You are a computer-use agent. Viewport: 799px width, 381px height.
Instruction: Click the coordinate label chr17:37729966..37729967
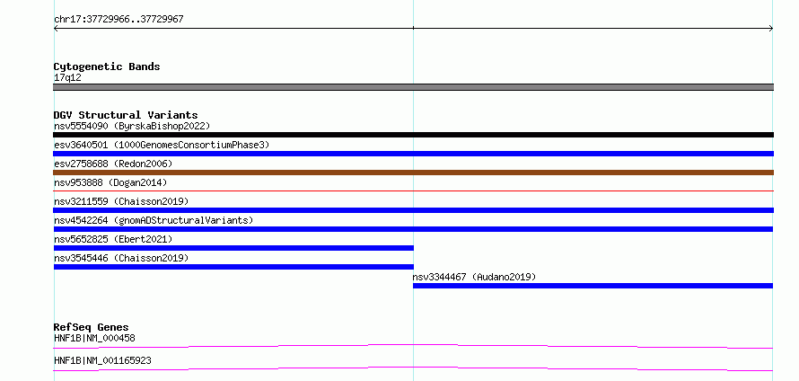click(x=119, y=20)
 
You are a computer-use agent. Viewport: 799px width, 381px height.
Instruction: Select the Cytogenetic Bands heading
click(x=107, y=66)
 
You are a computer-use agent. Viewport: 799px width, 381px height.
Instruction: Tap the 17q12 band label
click(x=67, y=78)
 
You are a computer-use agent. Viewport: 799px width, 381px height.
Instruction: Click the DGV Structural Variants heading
click(x=126, y=115)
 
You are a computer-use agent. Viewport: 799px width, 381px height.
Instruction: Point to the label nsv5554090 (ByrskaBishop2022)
click(x=132, y=126)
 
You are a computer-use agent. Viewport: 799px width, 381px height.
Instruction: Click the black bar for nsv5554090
click(x=413, y=135)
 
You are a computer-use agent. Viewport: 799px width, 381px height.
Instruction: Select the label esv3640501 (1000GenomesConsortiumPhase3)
click(x=162, y=145)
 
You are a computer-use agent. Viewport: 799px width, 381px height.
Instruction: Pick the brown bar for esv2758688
click(x=413, y=173)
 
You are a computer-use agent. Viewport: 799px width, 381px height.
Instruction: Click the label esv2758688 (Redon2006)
click(x=113, y=164)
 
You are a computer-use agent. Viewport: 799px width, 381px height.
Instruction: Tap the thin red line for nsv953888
click(x=413, y=190)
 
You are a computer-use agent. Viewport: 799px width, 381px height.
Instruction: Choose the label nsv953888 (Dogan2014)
click(x=110, y=182)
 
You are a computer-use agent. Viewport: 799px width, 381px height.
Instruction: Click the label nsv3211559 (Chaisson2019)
click(x=121, y=201)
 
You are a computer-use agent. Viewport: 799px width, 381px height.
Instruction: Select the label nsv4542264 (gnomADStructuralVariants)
click(x=154, y=220)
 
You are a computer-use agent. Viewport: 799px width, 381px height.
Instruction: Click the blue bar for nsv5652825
click(x=233, y=248)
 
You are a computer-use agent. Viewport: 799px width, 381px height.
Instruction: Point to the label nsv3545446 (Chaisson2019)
click(x=121, y=258)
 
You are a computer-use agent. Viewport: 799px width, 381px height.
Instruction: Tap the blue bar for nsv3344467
click(x=593, y=286)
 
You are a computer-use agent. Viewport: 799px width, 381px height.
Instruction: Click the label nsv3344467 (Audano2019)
click(x=474, y=277)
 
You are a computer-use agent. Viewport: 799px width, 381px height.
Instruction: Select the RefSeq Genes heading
click(x=92, y=327)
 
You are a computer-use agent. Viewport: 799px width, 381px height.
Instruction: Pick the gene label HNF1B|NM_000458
click(x=94, y=338)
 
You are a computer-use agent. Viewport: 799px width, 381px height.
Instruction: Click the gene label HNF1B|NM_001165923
click(x=102, y=360)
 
